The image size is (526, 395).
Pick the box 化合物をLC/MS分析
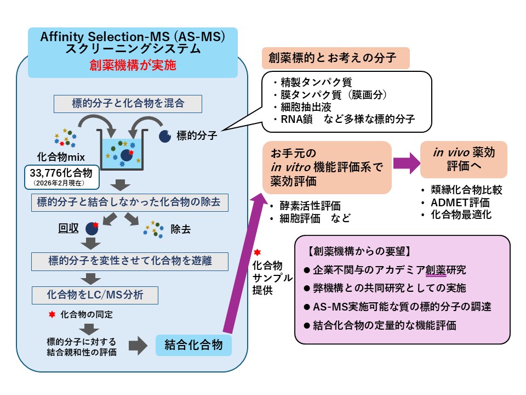[x=95, y=295]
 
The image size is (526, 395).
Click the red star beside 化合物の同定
[x=52, y=315]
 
